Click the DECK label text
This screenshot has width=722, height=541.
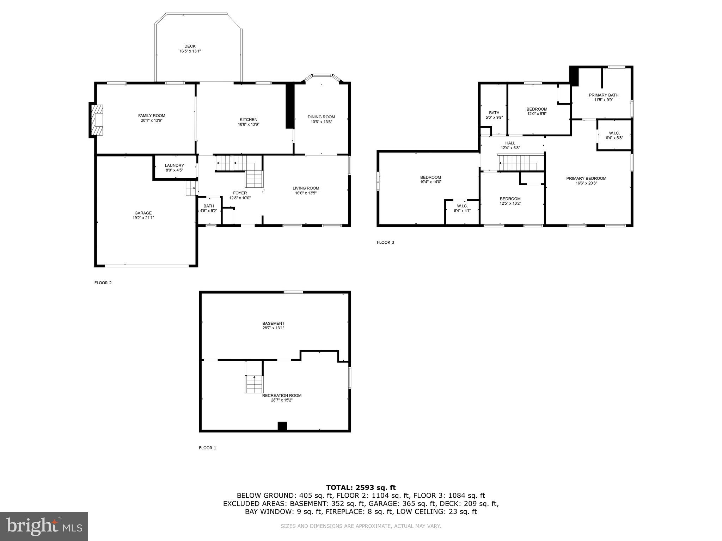click(190, 46)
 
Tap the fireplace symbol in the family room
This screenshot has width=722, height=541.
click(98, 120)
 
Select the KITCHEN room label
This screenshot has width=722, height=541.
click(249, 120)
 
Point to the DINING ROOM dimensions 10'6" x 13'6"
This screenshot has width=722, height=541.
click(321, 122)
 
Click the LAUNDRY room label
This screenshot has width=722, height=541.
click(174, 166)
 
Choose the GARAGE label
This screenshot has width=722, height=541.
click(143, 213)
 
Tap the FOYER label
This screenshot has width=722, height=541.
click(240, 193)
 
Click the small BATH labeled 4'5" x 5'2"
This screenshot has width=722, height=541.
click(208, 208)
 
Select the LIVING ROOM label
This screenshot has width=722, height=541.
click(306, 188)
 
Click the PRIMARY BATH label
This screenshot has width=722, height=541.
click(603, 95)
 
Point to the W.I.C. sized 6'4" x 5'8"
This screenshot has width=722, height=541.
click(614, 135)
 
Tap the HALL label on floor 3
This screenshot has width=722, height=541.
click(510, 143)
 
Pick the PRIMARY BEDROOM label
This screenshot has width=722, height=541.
click(586, 178)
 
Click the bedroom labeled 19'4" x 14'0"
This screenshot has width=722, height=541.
click(430, 180)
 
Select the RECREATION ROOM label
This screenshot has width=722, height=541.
click(282, 396)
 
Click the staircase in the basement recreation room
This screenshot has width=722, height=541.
click(254, 384)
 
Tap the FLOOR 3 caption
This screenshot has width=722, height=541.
click(385, 242)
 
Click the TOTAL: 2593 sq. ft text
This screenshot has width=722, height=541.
click(361, 487)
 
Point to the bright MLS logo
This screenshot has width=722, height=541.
click(44, 526)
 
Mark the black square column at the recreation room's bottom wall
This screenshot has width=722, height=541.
click(282, 426)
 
